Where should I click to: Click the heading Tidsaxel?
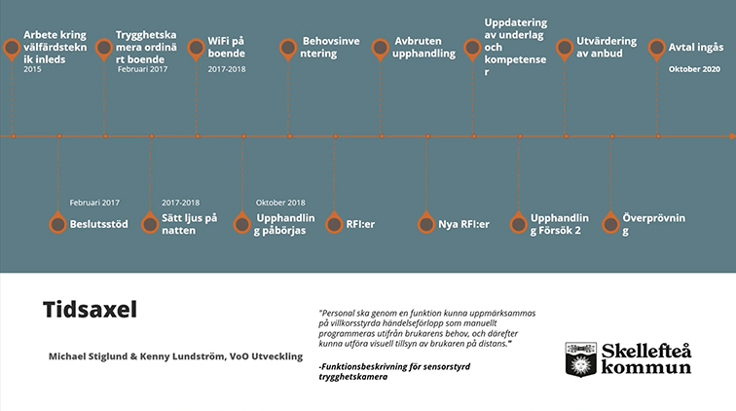point(90,310)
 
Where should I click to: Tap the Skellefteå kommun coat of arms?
point(580,359)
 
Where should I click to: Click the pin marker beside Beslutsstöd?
point(57,223)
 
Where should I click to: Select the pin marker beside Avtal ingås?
point(657,49)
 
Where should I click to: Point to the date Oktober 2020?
point(694,69)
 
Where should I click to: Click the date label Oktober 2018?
point(280,203)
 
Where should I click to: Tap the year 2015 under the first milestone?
point(32,69)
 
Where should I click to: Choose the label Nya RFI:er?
point(463,224)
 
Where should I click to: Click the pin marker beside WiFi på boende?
point(196,49)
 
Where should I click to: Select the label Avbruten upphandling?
point(423,47)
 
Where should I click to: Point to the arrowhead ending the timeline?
point(733,136)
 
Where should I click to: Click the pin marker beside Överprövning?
point(610,223)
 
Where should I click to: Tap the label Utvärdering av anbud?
point(607,47)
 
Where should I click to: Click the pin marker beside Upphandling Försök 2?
point(519,223)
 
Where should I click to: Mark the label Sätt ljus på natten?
point(190,224)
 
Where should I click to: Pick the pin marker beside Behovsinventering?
point(288,49)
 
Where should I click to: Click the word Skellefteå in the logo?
point(646,351)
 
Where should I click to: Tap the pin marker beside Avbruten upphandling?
point(381,49)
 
